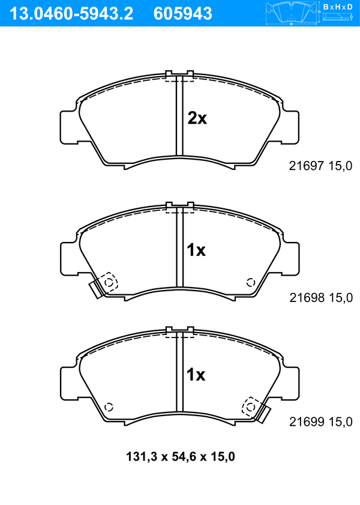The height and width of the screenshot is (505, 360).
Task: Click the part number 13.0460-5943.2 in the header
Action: coord(71,14)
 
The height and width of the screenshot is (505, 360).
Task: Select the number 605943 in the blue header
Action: coord(183,14)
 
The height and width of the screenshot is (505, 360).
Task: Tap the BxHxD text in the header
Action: coord(338,7)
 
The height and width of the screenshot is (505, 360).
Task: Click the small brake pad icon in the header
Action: coord(291,13)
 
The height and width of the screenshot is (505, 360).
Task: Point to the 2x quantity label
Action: coord(197,118)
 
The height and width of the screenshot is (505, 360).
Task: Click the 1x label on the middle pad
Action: coord(196,250)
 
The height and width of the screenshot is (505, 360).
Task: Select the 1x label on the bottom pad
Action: coord(196,375)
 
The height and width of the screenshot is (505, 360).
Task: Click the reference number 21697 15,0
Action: coord(320,166)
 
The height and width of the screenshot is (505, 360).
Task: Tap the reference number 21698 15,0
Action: coord(321,298)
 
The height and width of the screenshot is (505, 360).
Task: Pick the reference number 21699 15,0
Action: coord(321,422)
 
